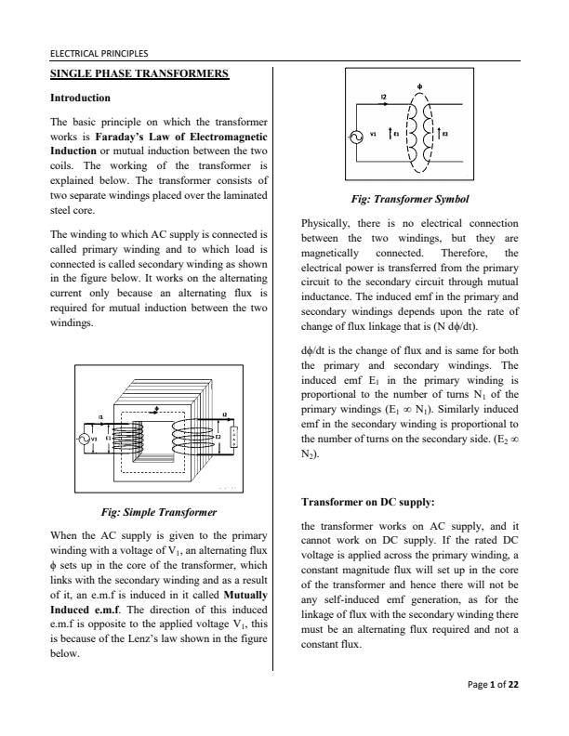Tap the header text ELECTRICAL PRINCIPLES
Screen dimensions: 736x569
coord(99,54)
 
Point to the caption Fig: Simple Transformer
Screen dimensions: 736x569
coord(158,512)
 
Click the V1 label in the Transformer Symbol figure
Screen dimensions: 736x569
coord(373,133)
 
